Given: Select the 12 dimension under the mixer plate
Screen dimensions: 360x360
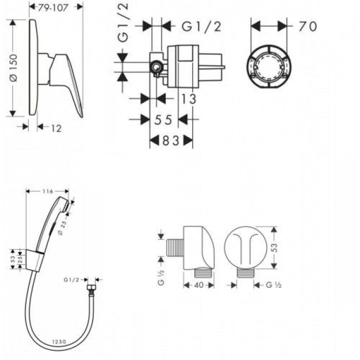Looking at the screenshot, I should pyautogui.click(x=56, y=128).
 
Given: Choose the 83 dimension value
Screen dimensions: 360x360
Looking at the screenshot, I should pyautogui.click(x=172, y=141).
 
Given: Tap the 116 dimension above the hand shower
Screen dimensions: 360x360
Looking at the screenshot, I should pyautogui.click(x=47, y=191).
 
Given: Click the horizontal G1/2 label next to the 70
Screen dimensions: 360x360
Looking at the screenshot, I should pyautogui.click(x=202, y=27).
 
